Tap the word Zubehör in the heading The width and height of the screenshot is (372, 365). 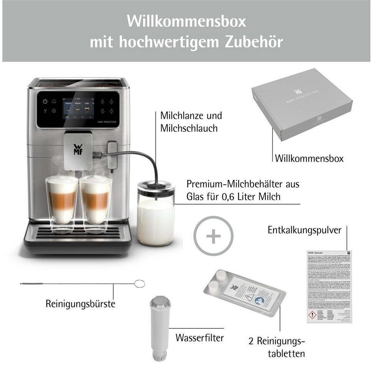pos(249,42)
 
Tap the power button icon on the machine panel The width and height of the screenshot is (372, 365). pos(45,102)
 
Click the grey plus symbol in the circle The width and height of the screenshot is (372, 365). pos(213,236)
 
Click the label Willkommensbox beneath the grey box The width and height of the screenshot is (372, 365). pos(309,158)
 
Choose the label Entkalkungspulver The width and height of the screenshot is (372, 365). pos(304,230)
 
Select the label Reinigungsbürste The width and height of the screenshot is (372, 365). pos(80,304)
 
